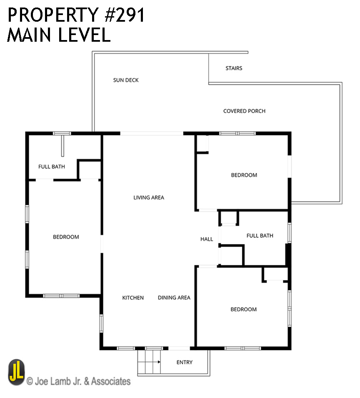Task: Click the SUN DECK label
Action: [126, 80]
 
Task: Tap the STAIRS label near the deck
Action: [234, 68]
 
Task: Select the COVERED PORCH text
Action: [244, 111]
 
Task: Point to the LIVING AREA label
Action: [149, 198]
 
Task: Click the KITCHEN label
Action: [133, 298]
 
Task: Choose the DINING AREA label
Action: [174, 298]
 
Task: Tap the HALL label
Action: [207, 239]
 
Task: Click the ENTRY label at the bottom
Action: [184, 363]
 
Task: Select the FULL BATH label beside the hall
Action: [260, 236]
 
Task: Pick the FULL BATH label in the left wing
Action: [52, 167]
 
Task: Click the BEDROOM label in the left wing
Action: [66, 237]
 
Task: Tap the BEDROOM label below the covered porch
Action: [244, 175]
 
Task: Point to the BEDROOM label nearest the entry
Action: [243, 310]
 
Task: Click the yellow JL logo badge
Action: [17, 373]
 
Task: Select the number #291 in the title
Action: [124, 15]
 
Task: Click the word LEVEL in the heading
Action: [85, 35]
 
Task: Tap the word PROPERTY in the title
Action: [53, 15]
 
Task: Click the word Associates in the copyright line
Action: [111, 381]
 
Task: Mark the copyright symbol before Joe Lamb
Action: [30, 381]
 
